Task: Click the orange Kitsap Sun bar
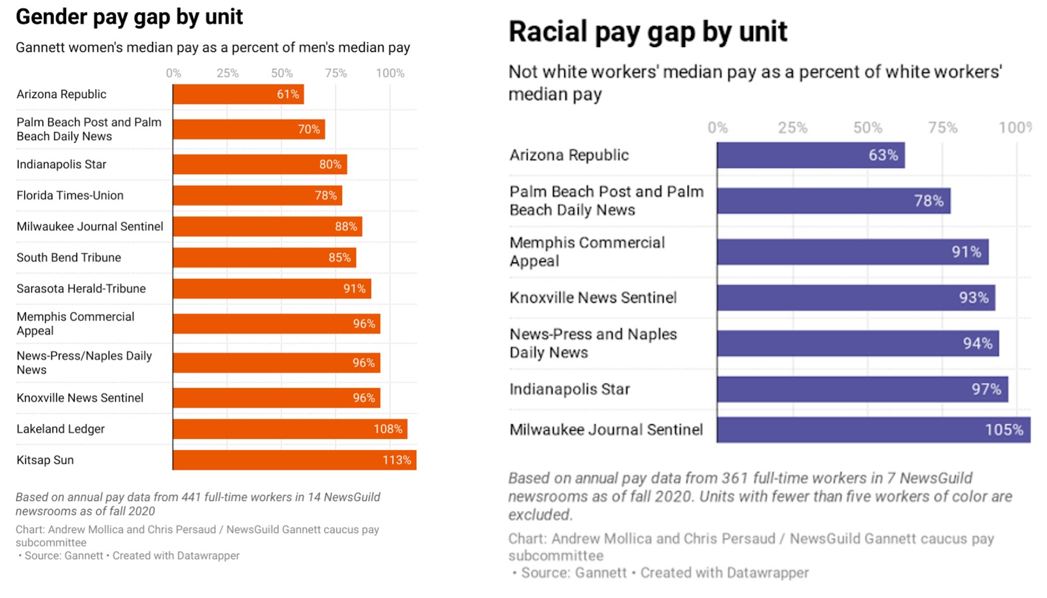[294, 460]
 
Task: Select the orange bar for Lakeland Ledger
[290, 429]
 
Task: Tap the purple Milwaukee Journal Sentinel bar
[874, 430]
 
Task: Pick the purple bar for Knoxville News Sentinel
[856, 298]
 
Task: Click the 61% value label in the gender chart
[288, 94]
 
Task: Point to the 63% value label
[883, 155]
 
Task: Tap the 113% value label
[397, 460]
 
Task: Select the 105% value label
[1004, 430]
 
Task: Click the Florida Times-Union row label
[70, 195]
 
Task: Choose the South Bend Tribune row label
[69, 257]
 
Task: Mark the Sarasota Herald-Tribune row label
[81, 289]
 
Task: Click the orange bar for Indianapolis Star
[260, 164]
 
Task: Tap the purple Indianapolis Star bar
[862, 389]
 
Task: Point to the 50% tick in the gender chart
[282, 73]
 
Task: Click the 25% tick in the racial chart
[792, 128]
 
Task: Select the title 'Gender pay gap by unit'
[129, 16]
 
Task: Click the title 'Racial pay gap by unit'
[648, 31]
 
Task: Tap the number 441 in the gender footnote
[191, 497]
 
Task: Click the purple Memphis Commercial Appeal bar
[853, 252]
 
